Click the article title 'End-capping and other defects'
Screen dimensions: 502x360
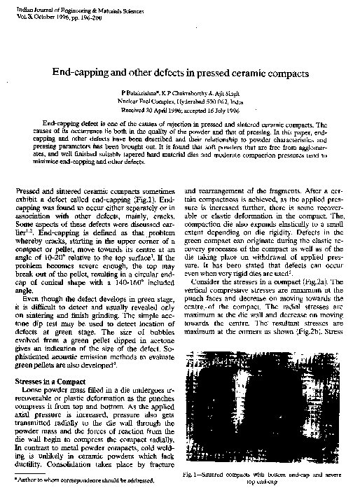click(179, 74)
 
